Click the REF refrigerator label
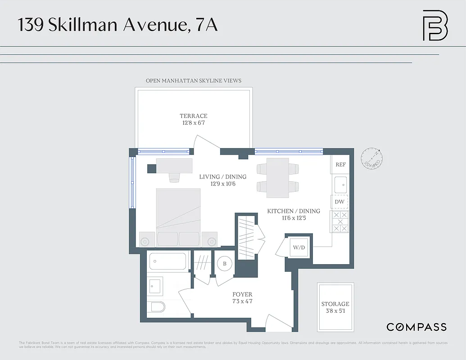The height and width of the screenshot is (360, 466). (340, 165)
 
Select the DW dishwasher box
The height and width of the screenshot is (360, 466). (339, 202)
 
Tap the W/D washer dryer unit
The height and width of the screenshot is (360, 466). (299, 247)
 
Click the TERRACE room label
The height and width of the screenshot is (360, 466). (194, 116)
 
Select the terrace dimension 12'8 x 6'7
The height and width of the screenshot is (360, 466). (194, 123)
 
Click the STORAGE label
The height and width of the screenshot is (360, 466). (335, 304)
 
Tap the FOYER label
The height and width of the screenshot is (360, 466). (242, 295)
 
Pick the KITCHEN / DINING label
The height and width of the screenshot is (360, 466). (294, 211)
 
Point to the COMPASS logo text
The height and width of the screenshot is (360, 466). (416, 327)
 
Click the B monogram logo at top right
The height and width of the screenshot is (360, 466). (435, 25)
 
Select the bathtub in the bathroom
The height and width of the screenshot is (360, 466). (167, 261)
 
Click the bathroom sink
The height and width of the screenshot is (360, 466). (155, 285)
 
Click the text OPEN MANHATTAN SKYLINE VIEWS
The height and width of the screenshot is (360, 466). (194, 81)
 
